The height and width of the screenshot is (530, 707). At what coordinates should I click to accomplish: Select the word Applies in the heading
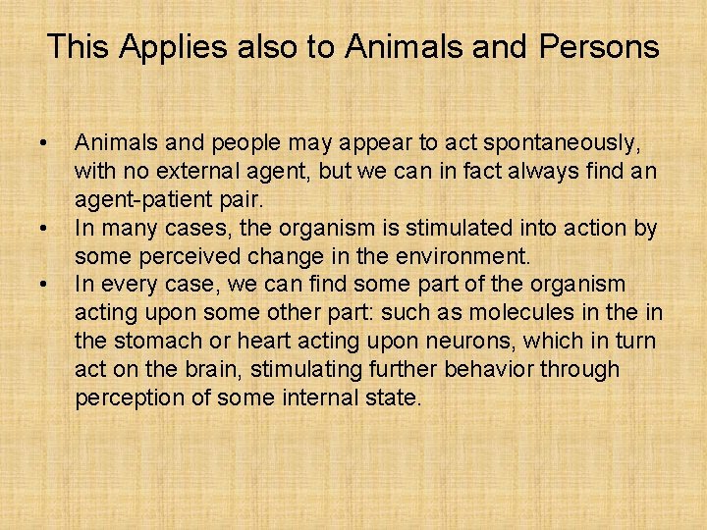pos(166,47)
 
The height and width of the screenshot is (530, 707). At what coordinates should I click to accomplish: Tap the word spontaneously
pos(548,144)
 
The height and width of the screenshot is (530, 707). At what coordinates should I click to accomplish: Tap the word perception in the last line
pos(125,398)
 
